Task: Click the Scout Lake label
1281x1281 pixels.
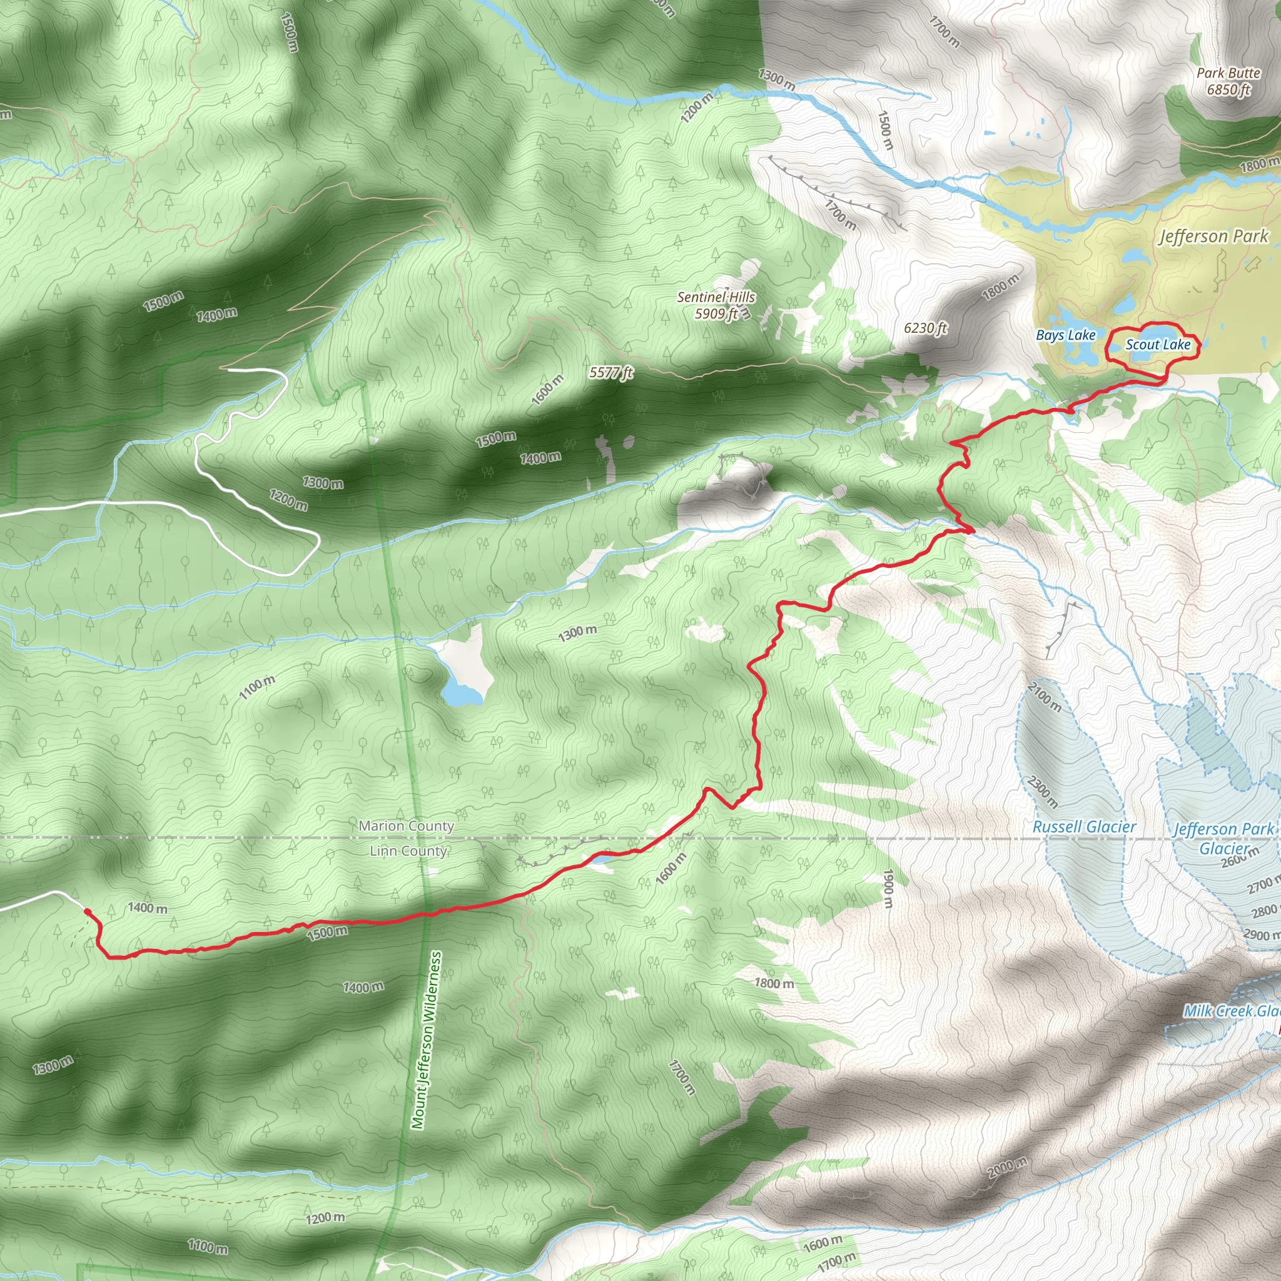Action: (1158, 345)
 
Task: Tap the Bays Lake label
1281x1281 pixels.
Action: (1065, 335)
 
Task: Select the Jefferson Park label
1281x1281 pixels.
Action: (1213, 236)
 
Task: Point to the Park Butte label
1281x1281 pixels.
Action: (1228, 81)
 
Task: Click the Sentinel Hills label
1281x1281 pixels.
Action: (716, 305)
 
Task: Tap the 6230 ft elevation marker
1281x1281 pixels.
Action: (926, 328)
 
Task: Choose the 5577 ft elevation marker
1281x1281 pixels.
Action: (610, 373)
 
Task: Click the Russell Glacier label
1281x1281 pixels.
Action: (1084, 827)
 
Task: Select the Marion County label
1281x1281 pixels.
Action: (407, 826)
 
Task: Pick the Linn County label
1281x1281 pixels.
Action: (408, 851)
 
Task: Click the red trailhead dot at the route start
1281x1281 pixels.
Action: (88, 912)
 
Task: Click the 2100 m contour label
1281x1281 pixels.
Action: (1045, 696)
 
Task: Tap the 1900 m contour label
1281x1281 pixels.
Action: (888, 889)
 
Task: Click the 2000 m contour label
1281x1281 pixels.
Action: (1007, 1168)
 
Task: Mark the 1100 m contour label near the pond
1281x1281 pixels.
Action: (256, 687)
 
